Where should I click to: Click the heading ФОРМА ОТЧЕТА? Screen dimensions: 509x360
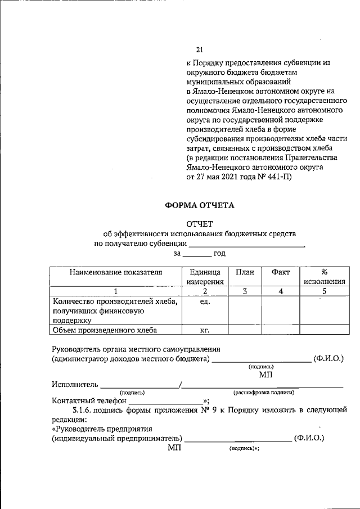[200, 205]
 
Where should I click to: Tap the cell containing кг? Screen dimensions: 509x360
[205, 330]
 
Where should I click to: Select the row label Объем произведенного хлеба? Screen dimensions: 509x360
[105, 330]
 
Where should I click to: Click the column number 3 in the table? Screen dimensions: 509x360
[245, 291]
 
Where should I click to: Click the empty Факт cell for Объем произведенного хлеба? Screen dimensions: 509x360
[280, 330]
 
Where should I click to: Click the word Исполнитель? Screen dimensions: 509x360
[74, 384]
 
